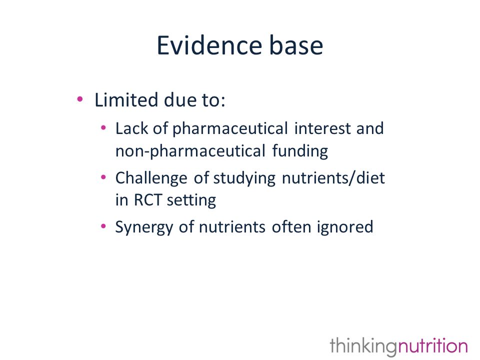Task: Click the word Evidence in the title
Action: tap(209, 45)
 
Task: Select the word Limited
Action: tap(126, 100)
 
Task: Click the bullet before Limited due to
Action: tap(80, 99)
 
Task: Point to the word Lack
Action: tap(132, 128)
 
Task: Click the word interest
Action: tap(322, 128)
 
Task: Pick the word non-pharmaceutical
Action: tap(190, 151)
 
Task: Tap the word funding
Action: tap(300, 151)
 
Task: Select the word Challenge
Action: tap(151, 178)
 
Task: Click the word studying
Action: tap(244, 178)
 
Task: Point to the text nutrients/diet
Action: tap(333, 178)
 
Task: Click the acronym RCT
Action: tap(147, 200)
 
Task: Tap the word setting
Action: tap(191, 201)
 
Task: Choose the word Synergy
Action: tap(144, 227)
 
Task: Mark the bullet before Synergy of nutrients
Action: tap(103, 226)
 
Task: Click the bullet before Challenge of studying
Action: tap(103, 177)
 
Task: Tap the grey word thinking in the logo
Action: tap(363, 346)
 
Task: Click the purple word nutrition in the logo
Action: tap(432, 345)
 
